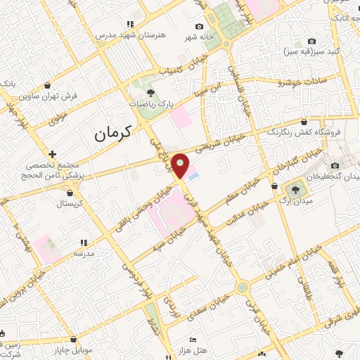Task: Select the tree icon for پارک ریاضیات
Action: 149,91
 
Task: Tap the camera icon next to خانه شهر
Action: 199,26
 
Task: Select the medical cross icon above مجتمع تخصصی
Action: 52,153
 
